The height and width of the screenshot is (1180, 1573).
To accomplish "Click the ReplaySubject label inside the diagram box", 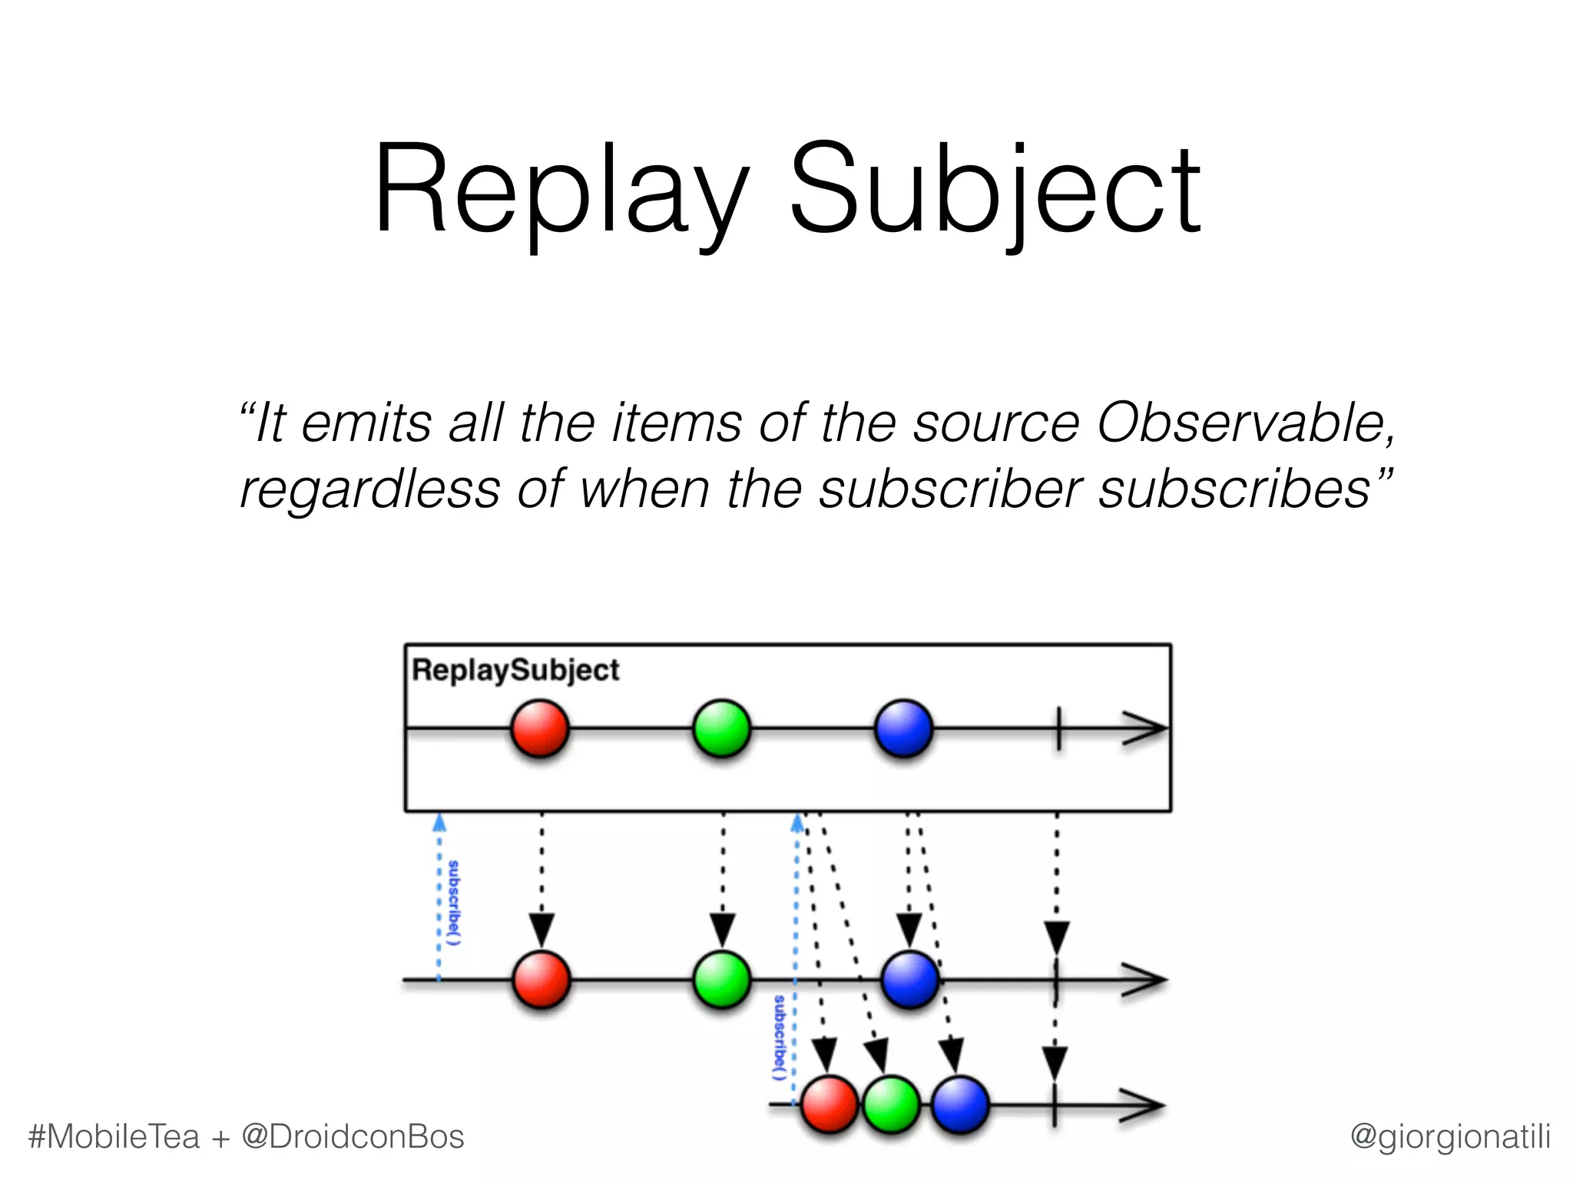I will click(515, 670).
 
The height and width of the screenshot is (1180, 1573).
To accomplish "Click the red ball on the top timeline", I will click(540, 728).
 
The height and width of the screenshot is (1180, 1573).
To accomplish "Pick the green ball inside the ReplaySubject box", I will click(722, 728).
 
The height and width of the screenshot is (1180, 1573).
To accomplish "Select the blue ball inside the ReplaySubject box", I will click(904, 728).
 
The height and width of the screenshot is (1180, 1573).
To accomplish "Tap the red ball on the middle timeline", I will click(541, 979).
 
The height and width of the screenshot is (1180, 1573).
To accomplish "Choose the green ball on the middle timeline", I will click(722, 979).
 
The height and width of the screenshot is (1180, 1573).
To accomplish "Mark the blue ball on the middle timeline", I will click(910, 979).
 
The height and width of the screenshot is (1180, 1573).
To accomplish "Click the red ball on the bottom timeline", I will click(830, 1105).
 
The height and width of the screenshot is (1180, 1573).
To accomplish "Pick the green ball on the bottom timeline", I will click(891, 1105).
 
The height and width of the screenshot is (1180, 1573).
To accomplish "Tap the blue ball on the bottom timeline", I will click(960, 1105).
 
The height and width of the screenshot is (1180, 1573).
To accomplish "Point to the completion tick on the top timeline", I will click(1058, 728).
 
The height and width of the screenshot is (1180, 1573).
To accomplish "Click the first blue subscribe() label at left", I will click(454, 903).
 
